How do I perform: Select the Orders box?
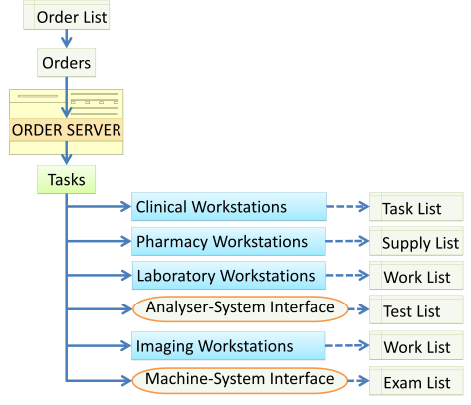click(67, 64)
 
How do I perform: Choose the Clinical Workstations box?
click(228, 207)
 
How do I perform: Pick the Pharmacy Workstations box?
click(228, 242)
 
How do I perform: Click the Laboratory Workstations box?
click(228, 275)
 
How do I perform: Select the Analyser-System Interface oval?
click(239, 308)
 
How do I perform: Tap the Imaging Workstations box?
click(228, 346)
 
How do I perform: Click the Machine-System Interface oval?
click(239, 380)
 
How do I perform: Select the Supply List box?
click(417, 243)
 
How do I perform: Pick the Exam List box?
click(417, 382)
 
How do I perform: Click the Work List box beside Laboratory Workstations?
click(417, 277)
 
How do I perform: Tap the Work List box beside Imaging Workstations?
click(417, 347)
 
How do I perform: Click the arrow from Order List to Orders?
click(67, 39)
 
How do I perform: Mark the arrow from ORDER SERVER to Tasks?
click(67, 156)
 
